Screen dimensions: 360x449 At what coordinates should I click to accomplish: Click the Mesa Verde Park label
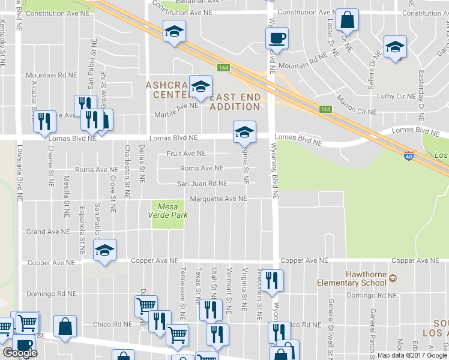168,211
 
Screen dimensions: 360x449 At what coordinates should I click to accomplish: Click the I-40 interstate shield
408,154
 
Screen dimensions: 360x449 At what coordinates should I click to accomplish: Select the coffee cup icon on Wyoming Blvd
277,38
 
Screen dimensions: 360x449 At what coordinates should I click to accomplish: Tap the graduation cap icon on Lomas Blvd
244,132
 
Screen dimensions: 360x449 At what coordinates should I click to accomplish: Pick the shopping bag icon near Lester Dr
347,20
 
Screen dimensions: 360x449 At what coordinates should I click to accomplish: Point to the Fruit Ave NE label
186,154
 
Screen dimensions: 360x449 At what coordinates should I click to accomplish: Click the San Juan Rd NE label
202,184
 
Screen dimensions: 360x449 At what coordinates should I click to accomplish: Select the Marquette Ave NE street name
218,199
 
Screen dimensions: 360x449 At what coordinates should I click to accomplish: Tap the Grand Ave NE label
43,232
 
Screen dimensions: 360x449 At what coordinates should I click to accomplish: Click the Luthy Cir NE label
396,96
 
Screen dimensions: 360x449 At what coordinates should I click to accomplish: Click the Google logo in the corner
20,353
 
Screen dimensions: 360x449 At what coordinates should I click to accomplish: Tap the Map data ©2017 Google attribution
411,355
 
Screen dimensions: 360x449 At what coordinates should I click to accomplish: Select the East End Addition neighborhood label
235,102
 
